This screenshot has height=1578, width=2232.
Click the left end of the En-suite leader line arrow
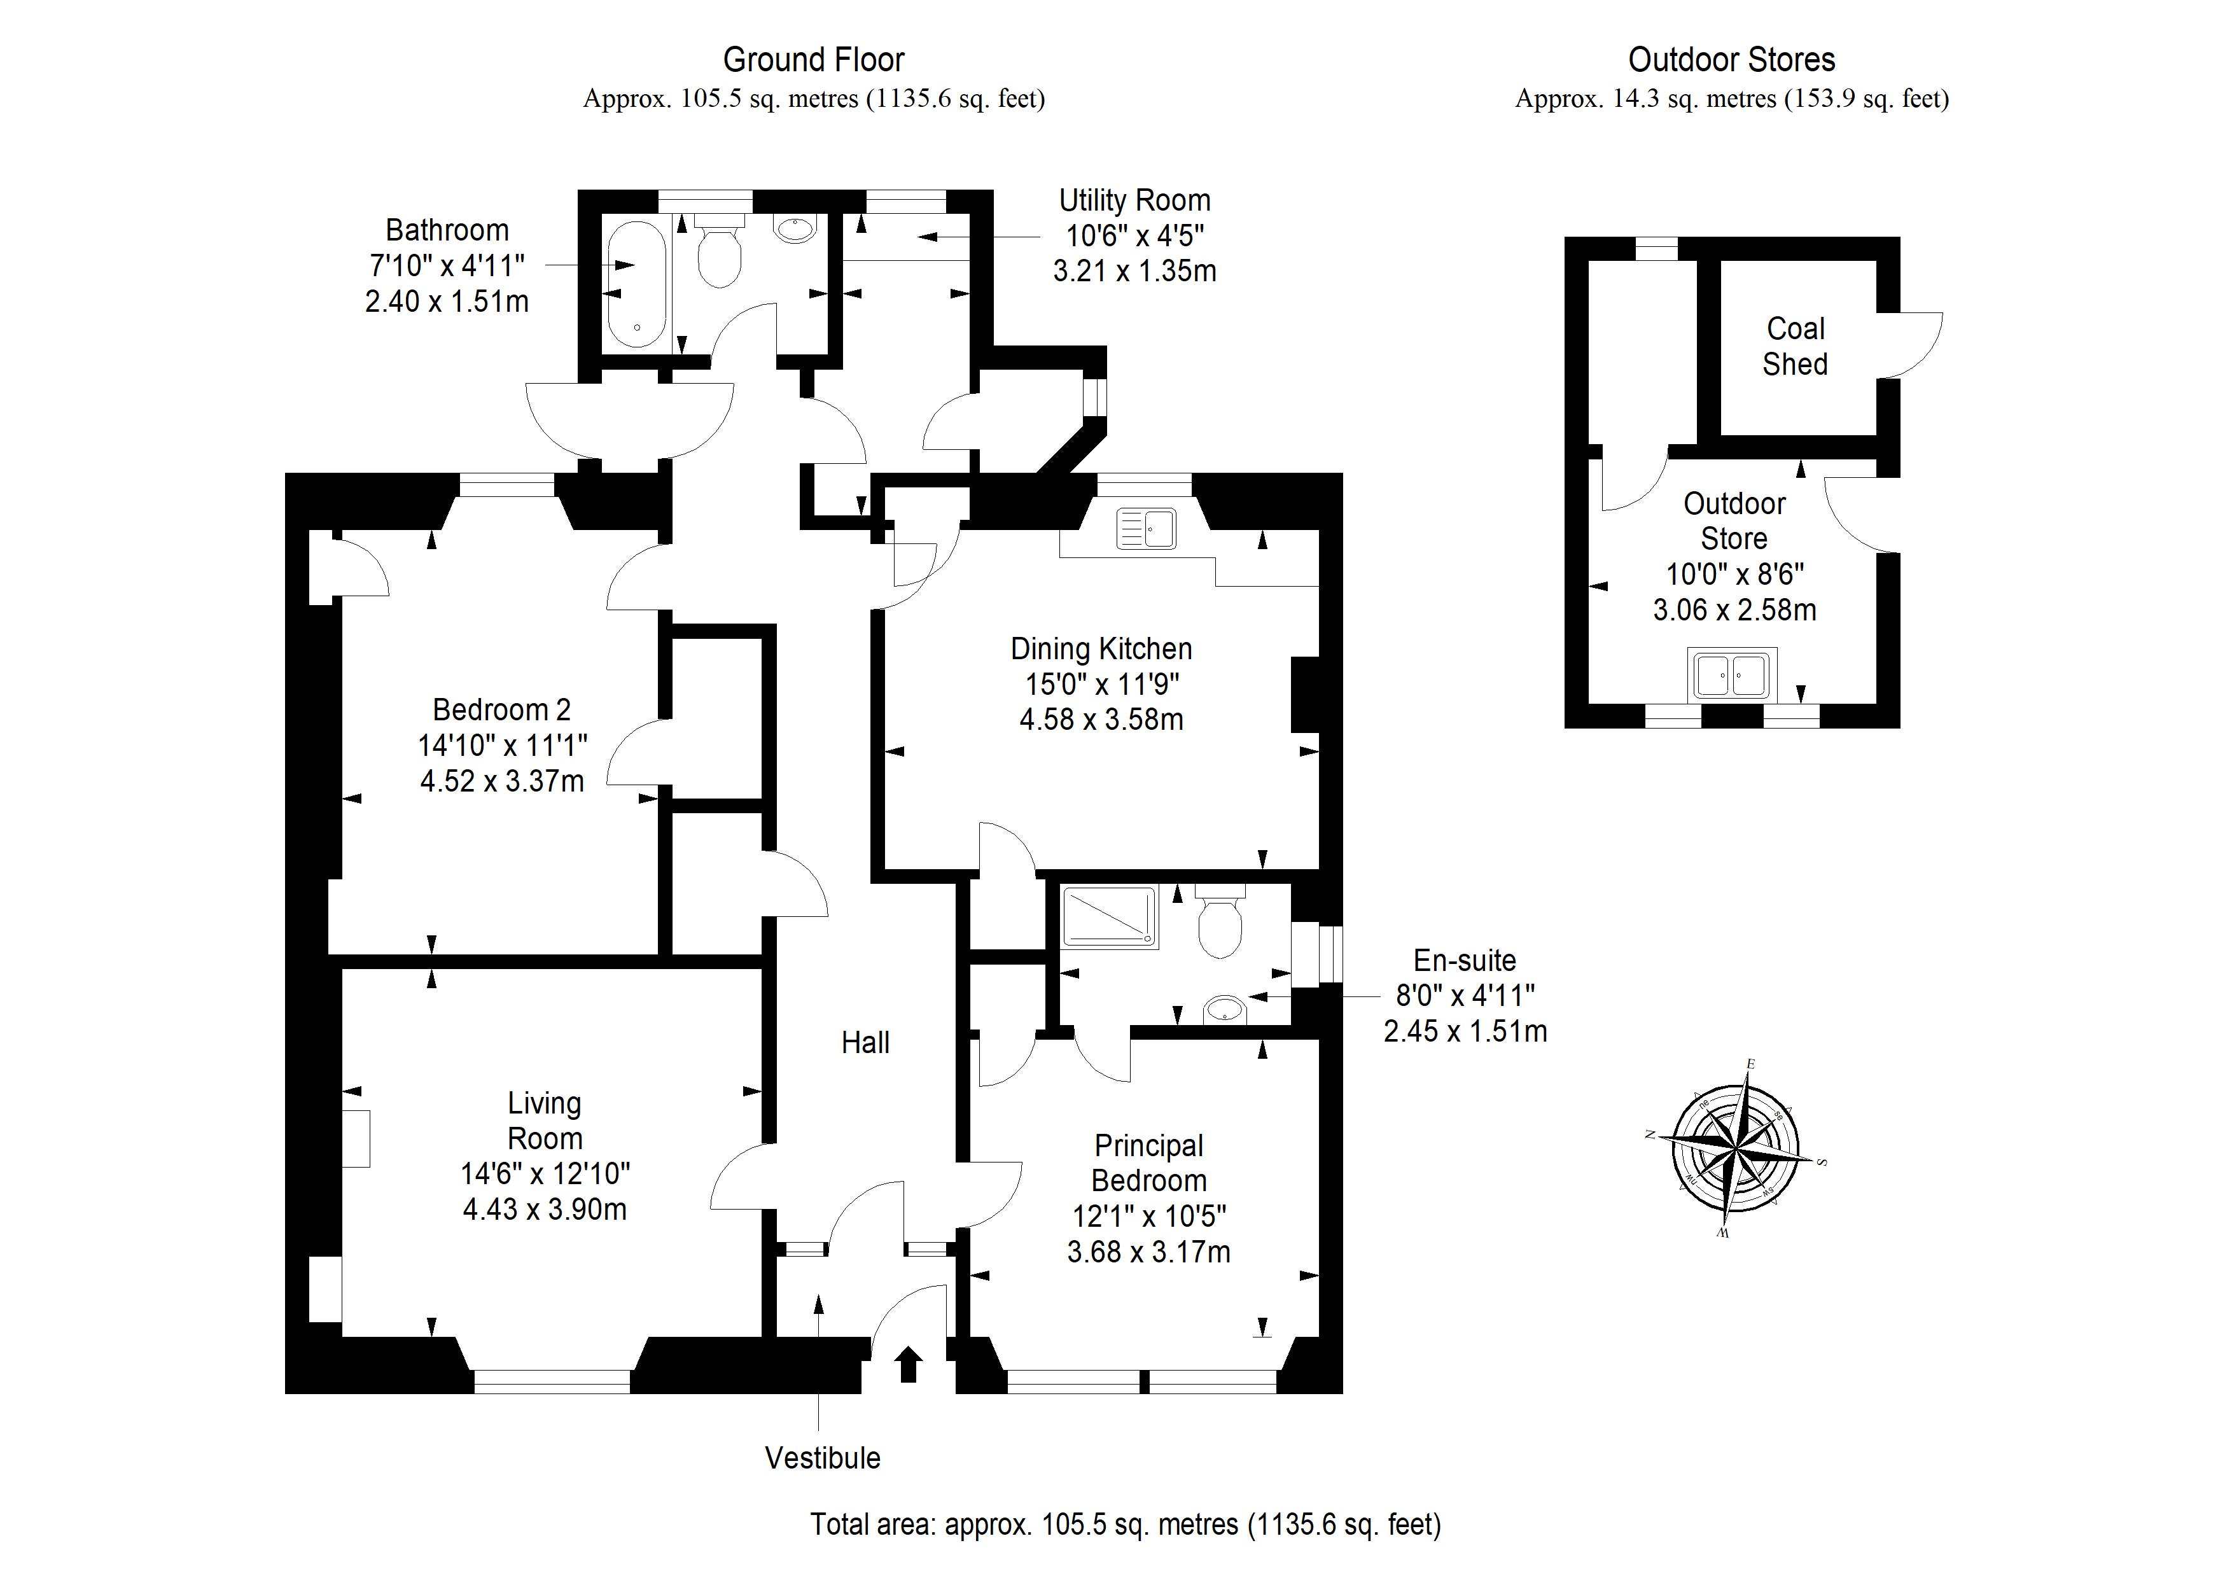[x=1250, y=996]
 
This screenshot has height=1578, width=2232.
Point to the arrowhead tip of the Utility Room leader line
[x=919, y=236]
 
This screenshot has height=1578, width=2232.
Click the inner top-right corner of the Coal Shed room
[x=1876, y=261]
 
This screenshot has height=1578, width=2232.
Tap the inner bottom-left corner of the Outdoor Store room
[x=1589, y=703]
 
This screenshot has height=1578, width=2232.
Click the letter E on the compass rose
[x=1751, y=1065]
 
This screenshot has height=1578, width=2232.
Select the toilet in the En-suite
[x=1220, y=921]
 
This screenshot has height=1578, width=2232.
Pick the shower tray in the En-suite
[x=1109, y=916]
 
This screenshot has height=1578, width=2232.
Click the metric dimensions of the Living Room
[x=545, y=1210]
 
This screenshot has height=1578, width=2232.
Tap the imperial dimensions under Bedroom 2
[x=503, y=746]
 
